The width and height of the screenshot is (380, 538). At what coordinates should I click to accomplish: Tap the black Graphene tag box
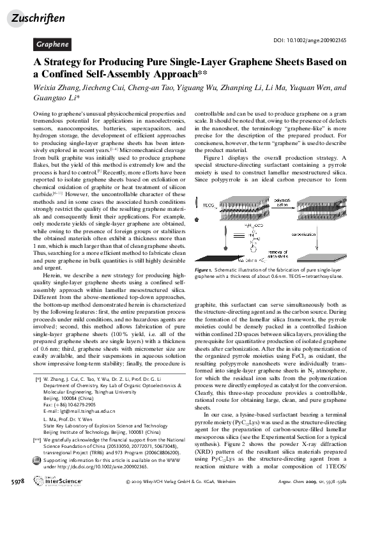[x=52, y=45]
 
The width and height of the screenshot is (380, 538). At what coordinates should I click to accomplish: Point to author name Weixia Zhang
[x=56, y=88]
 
